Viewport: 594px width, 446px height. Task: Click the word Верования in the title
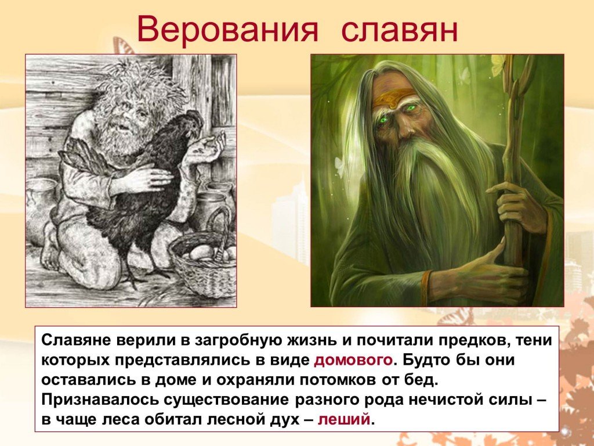tap(227, 30)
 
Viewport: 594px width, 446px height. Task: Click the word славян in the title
tap(400, 30)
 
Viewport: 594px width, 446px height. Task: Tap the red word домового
tap(353, 359)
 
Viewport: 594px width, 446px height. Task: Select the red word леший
tap(343, 419)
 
